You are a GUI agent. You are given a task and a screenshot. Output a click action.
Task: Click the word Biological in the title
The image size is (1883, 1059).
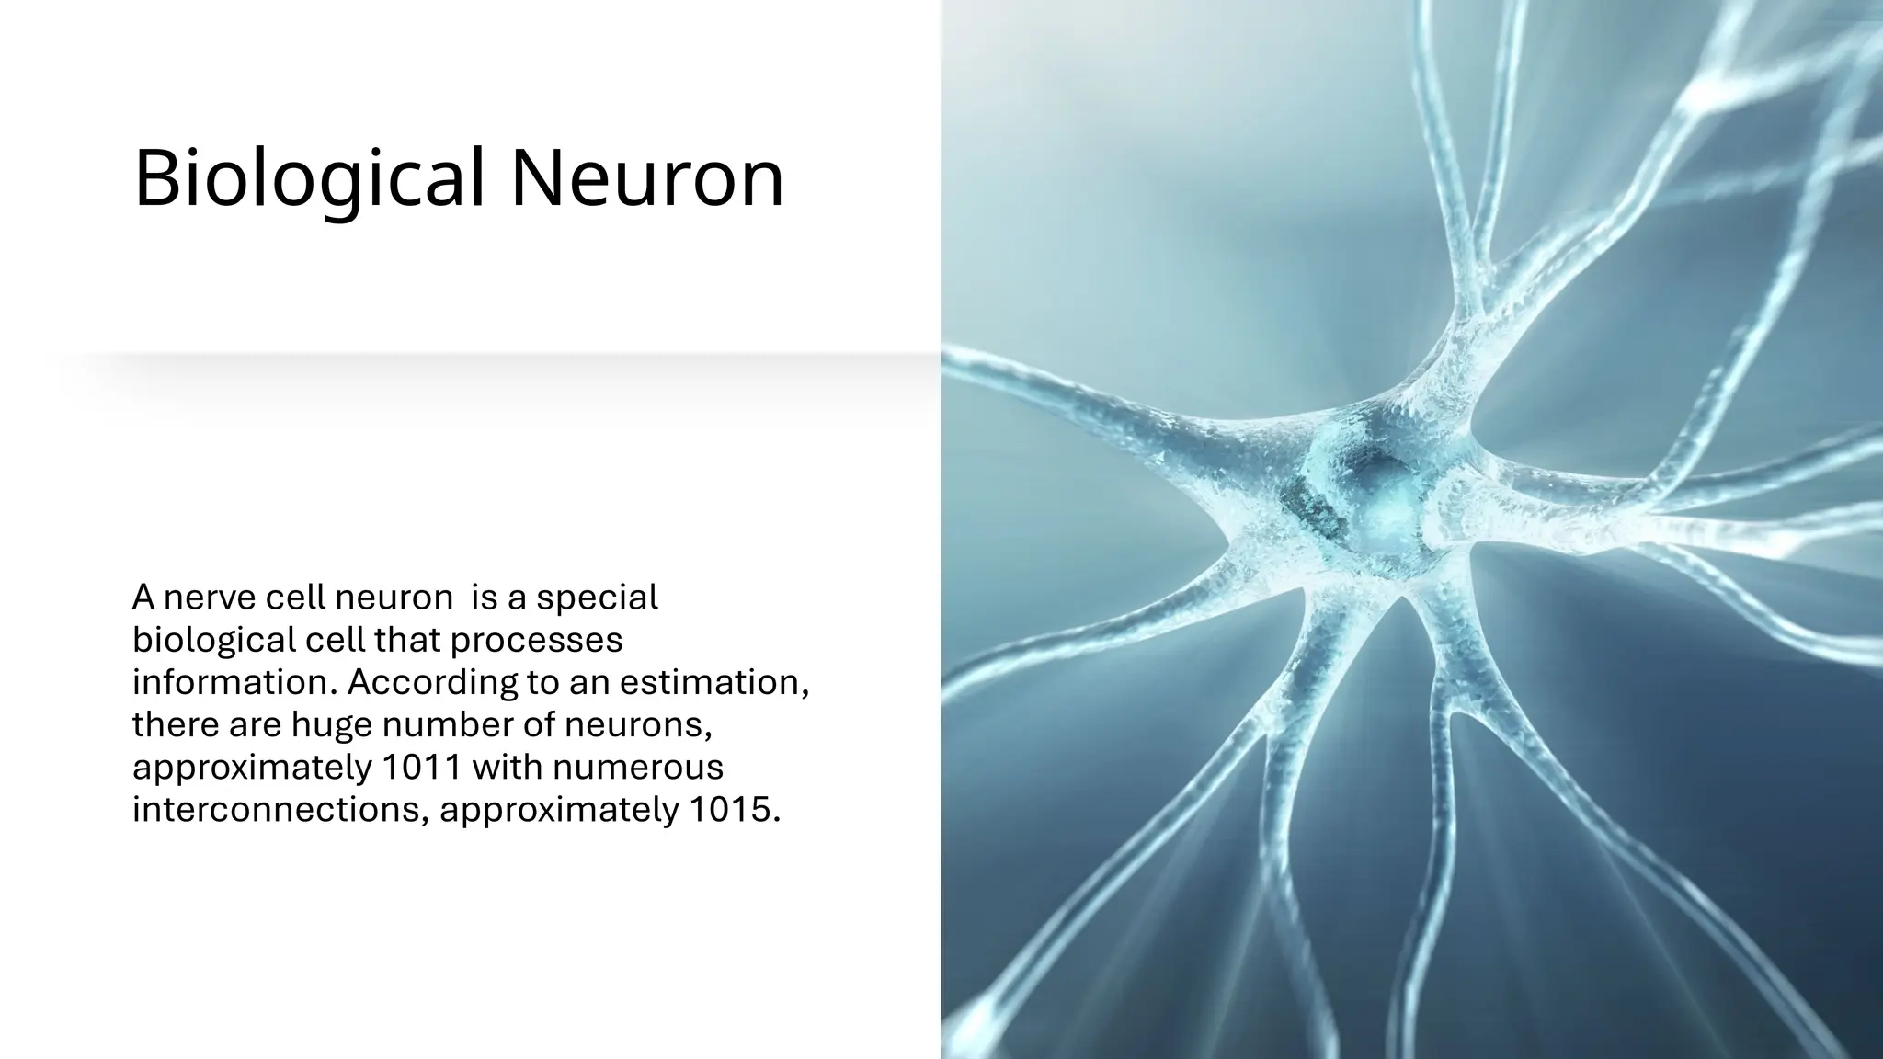click(x=309, y=177)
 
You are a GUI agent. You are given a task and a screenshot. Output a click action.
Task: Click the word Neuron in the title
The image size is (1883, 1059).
click(x=647, y=177)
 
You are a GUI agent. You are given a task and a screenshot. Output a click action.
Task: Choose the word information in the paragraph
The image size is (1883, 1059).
click(x=234, y=682)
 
